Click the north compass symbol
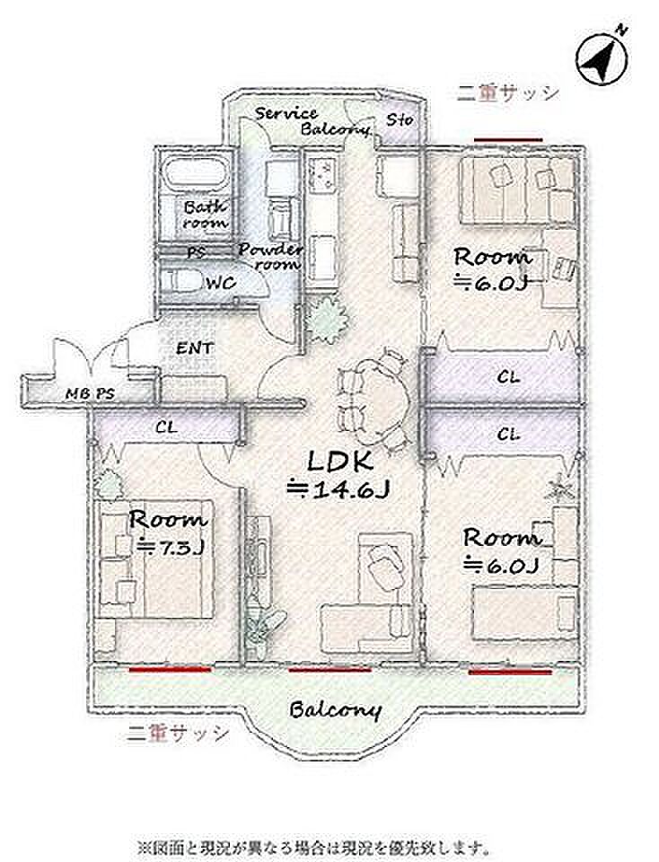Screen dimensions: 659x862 pos(602,57)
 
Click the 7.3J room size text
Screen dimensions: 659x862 pos(171,548)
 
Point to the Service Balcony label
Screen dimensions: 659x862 pos(312,121)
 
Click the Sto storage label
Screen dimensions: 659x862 pos(400,119)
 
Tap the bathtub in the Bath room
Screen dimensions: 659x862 pos(197,174)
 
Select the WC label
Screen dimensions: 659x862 pos(221,283)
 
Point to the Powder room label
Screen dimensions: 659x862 pos(270,256)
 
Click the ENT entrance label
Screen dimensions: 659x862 pos(195,348)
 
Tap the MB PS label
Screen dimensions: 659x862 pos(90,393)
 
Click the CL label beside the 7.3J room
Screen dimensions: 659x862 pos(165,427)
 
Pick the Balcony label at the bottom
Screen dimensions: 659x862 pos(335,710)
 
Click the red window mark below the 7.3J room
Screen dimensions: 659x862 pos(171,670)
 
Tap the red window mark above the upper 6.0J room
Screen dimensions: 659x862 pos(508,140)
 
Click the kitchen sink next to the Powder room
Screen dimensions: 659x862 pos(322,172)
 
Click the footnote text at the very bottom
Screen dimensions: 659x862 pos(314,845)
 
